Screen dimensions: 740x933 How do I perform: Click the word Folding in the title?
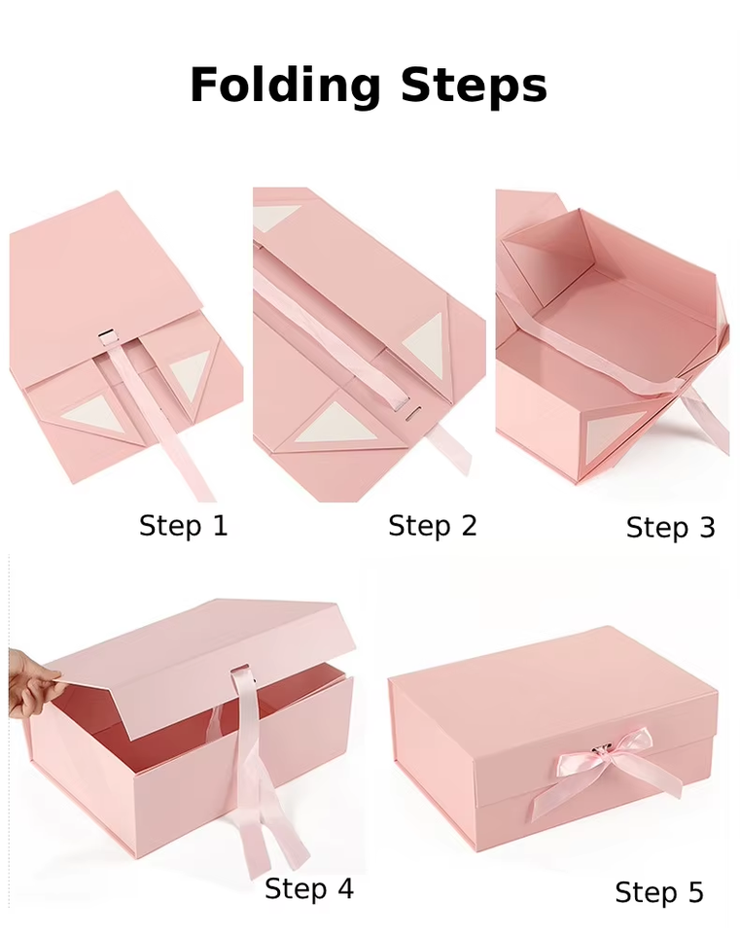point(285,86)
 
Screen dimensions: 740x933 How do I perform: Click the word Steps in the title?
point(474,85)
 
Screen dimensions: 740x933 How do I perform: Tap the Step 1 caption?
point(184,526)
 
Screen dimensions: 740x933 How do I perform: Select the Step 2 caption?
point(433,526)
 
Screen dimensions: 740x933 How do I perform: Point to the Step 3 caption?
point(670,528)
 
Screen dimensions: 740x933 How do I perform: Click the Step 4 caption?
point(309,889)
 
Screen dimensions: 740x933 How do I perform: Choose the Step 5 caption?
point(659,892)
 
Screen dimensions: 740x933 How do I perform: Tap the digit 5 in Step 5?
point(694,892)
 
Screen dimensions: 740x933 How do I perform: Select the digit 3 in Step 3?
point(706,528)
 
